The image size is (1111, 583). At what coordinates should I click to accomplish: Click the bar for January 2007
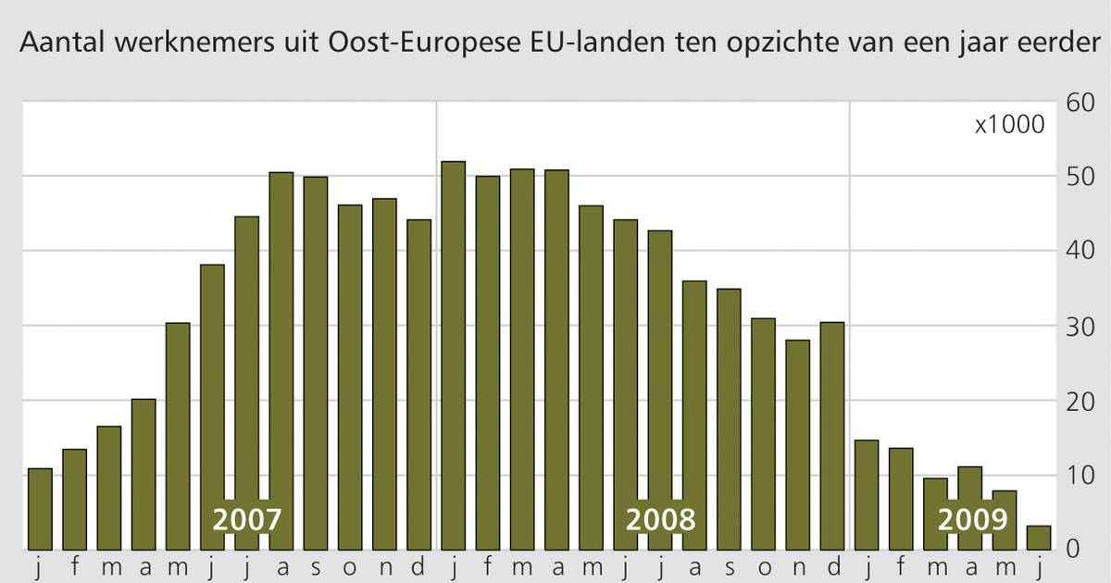click(40, 508)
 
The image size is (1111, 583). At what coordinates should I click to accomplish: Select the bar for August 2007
click(281, 360)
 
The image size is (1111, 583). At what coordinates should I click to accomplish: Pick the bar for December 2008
click(832, 435)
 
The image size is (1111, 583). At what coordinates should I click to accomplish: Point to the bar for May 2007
click(178, 435)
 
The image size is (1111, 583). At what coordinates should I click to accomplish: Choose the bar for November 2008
click(798, 444)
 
